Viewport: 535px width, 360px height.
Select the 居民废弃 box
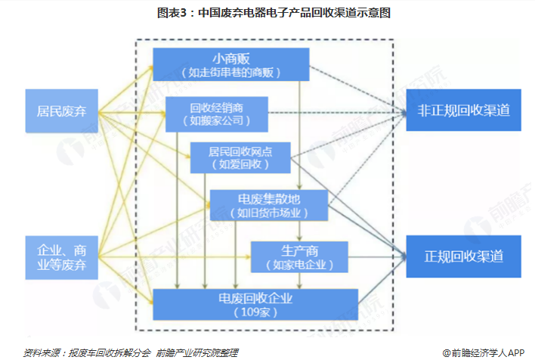pyautogui.click(x=62, y=112)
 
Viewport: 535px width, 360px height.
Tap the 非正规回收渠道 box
pyautogui.click(x=464, y=110)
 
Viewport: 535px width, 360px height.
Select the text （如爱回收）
pyautogui.click(x=239, y=164)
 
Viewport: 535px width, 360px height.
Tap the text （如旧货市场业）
pyautogui.click(x=270, y=213)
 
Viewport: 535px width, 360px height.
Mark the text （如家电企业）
pyautogui.click(x=299, y=265)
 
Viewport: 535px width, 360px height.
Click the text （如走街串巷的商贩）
pyautogui.click(x=230, y=73)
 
